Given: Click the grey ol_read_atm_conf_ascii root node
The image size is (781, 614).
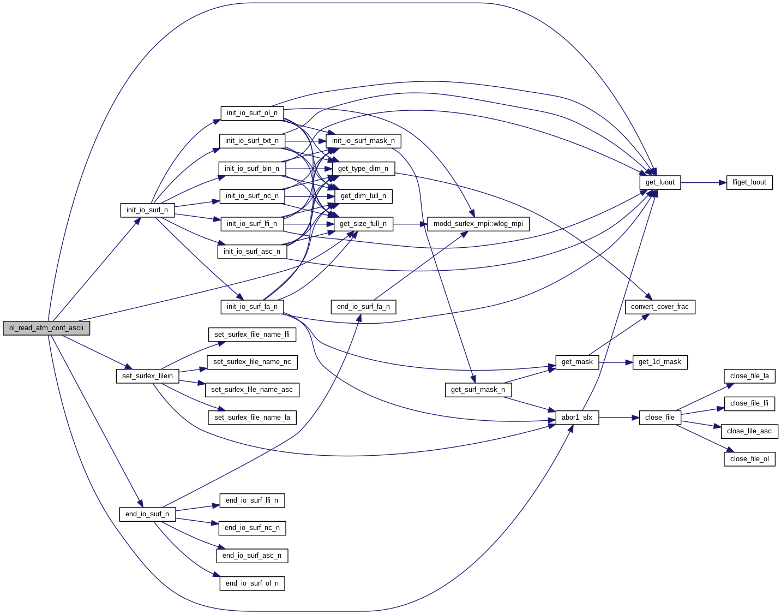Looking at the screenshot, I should coord(46,328).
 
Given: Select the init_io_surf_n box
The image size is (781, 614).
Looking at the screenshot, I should coord(147,210).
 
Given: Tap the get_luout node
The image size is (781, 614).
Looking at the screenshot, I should coord(660,182).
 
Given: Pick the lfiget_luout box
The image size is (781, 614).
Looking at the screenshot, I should coord(749,182).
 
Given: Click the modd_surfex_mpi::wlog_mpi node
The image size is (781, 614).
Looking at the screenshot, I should coord(478,224).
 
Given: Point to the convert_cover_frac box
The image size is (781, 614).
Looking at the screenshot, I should coord(660,307).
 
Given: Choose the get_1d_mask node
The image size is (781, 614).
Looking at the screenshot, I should coord(660,362).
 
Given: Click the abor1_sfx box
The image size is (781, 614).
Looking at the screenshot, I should coord(577,418).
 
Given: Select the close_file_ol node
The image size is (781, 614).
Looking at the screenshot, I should coord(749,459).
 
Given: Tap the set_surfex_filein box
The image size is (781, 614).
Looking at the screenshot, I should coord(147,376).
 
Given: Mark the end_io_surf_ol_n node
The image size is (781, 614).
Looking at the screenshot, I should coord(252,583).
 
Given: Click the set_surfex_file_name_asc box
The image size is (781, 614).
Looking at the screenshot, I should coord(252,390).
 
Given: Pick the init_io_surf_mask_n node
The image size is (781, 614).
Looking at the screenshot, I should coord(363,141).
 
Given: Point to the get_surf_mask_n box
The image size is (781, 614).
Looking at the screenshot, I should coord(478,390).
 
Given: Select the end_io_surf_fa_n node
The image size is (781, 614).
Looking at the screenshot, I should coord(363,307).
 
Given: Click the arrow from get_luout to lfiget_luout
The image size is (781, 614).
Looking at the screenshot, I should coord(704,183).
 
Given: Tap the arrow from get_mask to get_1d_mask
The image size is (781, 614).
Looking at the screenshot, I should coord(616,362).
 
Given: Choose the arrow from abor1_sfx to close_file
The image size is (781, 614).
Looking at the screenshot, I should coord(619,418).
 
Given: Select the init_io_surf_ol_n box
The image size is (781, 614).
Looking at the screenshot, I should coord(252,113).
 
